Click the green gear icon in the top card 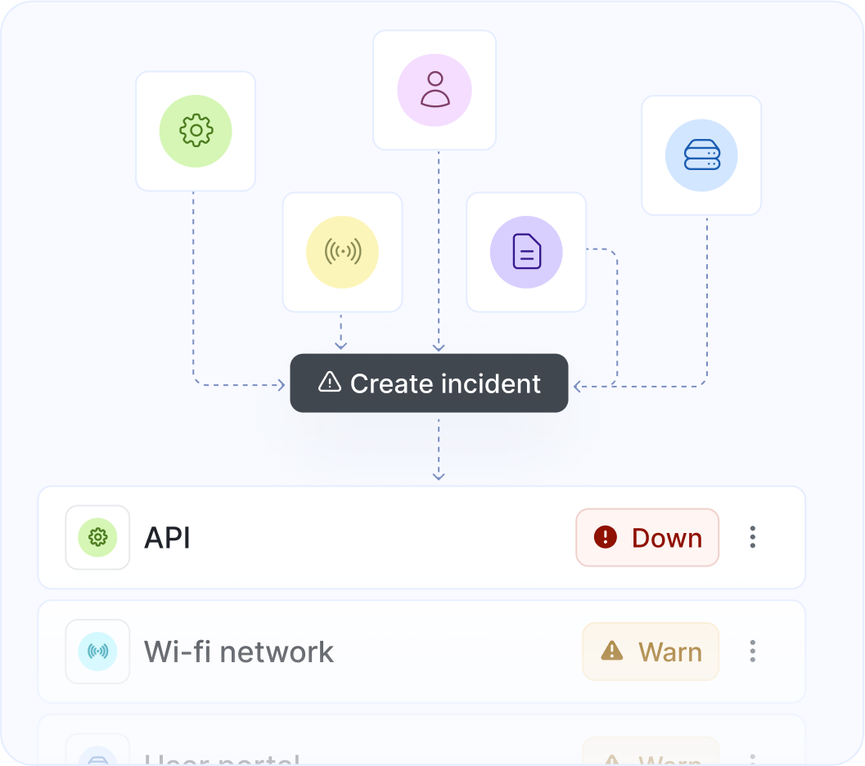tap(196, 131)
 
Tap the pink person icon tap(435, 90)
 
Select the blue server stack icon tap(701, 155)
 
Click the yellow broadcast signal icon tap(342, 252)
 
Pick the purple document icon tap(526, 252)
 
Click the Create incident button tap(429, 383)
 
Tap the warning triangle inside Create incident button tap(329, 382)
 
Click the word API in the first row tap(167, 538)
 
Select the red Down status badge tap(647, 537)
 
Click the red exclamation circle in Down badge tap(606, 537)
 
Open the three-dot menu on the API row tap(752, 537)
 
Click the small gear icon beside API tap(97, 537)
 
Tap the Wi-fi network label tap(239, 652)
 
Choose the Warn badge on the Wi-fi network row tap(651, 652)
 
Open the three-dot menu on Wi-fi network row tap(752, 652)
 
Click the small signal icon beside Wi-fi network tap(97, 652)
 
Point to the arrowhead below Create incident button tap(439, 475)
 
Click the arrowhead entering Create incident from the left tap(282, 384)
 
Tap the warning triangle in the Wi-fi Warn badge tap(611, 651)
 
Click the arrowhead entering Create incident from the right tap(577, 384)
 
